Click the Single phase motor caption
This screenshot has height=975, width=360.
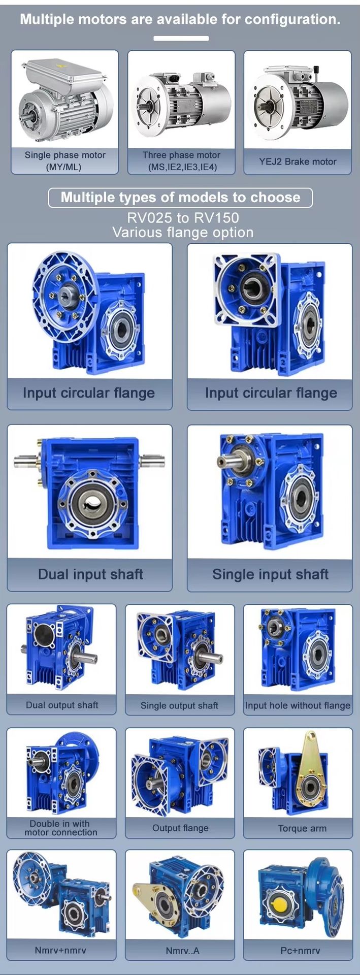click(x=65, y=160)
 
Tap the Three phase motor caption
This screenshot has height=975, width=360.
click(x=181, y=161)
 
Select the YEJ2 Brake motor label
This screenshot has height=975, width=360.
click(x=298, y=161)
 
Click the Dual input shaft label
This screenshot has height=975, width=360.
click(x=90, y=574)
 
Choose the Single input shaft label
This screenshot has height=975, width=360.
click(x=270, y=574)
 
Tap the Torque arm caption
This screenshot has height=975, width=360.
click(x=302, y=828)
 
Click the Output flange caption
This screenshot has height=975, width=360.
click(x=180, y=828)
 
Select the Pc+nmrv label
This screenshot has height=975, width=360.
click(x=301, y=950)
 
